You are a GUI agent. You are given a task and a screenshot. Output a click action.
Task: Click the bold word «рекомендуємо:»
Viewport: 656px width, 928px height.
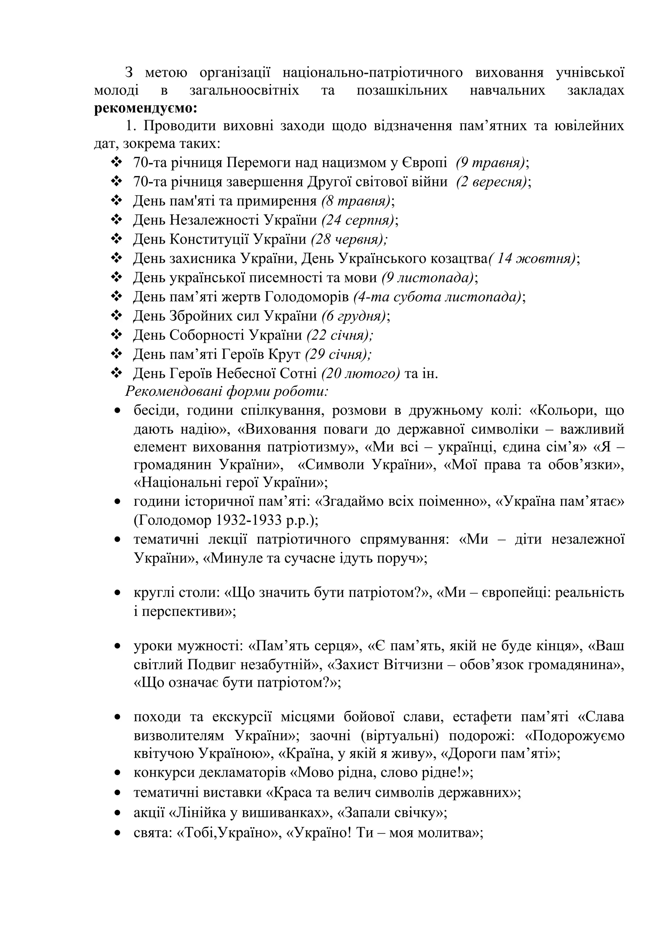pyautogui.click(x=145, y=108)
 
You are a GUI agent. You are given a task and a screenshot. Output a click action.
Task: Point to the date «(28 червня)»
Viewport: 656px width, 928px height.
pyautogui.click(x=348, y=239)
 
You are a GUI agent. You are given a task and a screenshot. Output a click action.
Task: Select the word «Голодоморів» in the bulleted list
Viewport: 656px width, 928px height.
pyautogui.click(x=306, y=297)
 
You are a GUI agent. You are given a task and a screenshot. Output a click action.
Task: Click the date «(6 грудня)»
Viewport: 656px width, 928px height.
pyautogui.click(x=354, y=316)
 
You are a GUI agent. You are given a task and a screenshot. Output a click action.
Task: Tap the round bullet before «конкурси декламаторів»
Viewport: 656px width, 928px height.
pyautogui.click(x=118, y=773)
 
